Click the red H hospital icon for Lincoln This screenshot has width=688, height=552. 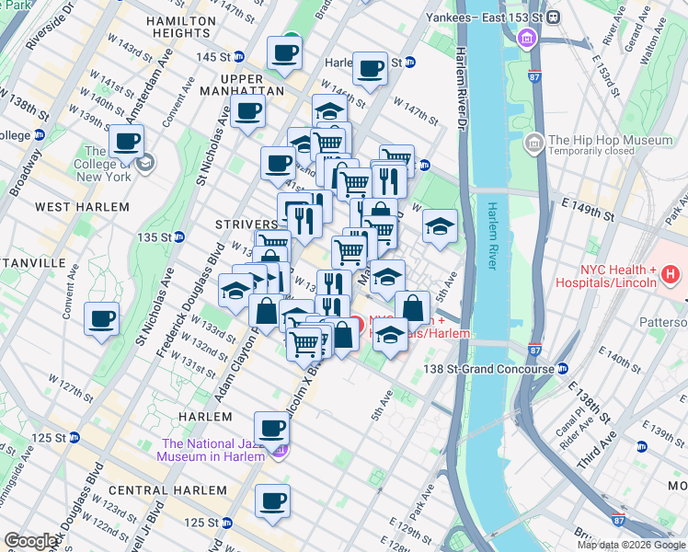tap(671, 274)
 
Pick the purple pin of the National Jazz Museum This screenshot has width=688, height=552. tap(281, 450)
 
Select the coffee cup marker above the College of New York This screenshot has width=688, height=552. tap(126, 141)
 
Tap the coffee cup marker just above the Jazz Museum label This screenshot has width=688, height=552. tap(272, 427)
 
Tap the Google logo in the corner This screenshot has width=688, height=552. tap(32, 541)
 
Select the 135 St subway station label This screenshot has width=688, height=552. tap(154, 237)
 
